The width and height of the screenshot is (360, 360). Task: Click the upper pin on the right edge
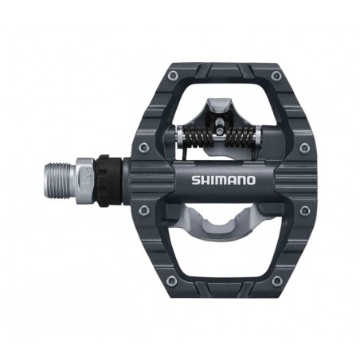[304, 147]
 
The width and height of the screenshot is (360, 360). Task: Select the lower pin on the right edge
[304, 210]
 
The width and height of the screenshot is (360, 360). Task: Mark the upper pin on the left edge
[143, 147]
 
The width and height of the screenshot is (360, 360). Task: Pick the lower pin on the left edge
[143, 210]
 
